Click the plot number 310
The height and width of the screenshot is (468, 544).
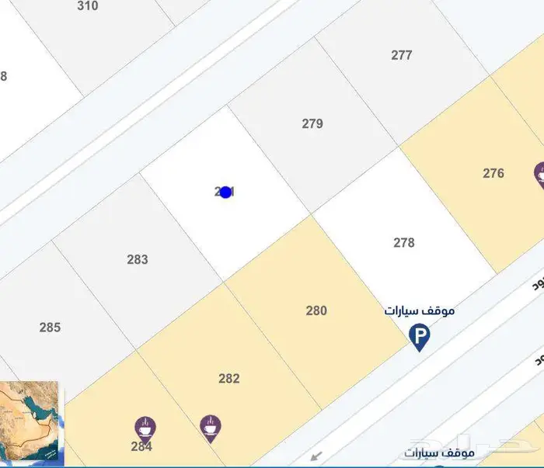click(x=88, y=6)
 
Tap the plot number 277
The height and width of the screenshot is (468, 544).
click(x=402, y=55)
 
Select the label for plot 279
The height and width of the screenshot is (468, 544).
click(x=312, y=123)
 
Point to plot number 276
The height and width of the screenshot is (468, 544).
click(x=493, y=173)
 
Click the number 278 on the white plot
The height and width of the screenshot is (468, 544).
click(x=404, y=242)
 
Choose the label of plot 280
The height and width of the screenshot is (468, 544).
click(x=316, y=310)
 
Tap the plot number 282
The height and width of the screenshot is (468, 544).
click(x=229, y=379)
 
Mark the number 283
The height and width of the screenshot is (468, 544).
click(x=138, y=259)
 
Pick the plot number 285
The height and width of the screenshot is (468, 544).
click(x=50, y=328)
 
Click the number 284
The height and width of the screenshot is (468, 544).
click(x=141, y=446)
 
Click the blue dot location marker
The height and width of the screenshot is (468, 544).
click(x=226, y=192)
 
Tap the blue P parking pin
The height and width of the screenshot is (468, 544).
click(x=420, y=336)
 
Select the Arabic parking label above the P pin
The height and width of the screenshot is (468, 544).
click(x=420, y=310)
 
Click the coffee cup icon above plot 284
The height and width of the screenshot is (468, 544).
click(x=145, y=426)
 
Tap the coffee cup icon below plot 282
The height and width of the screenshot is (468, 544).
click(x=210, y=425)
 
